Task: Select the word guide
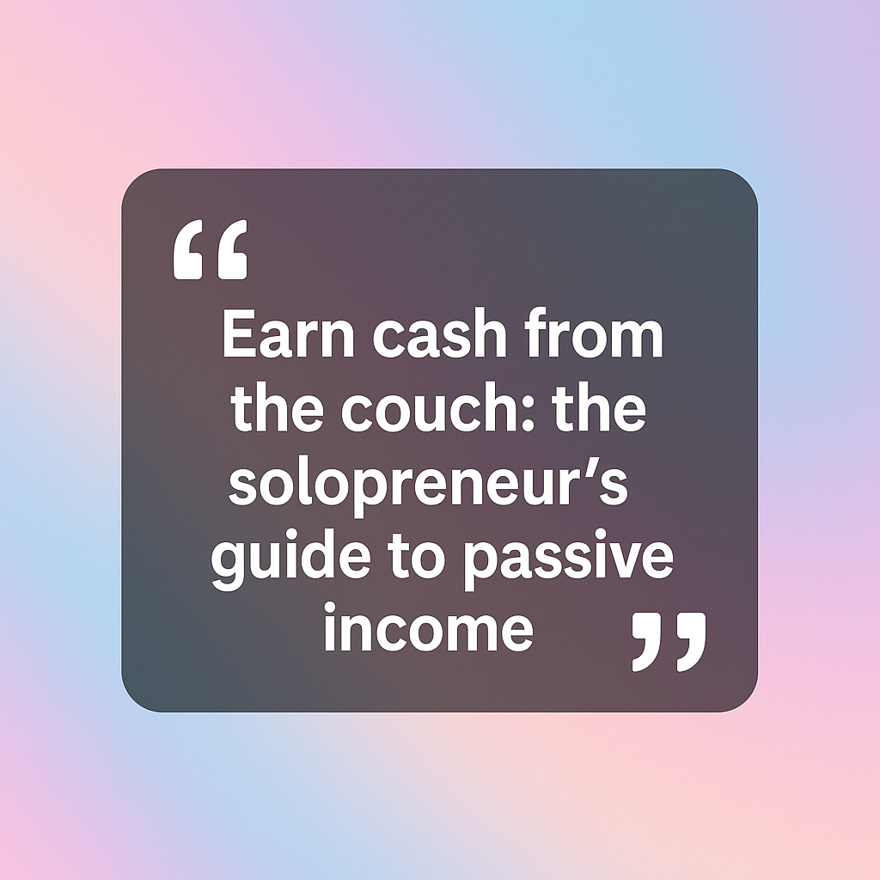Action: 291,558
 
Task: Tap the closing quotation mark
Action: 669,642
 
